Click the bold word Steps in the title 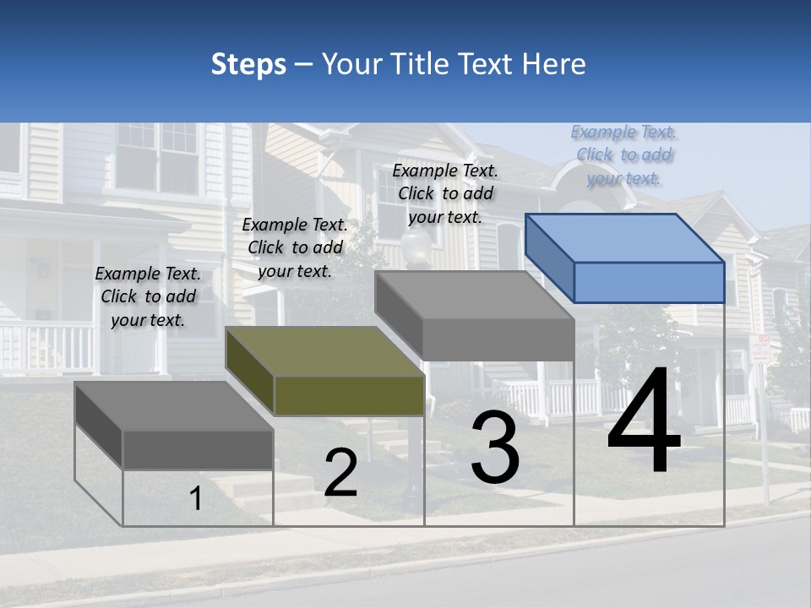click(x=248, y=64)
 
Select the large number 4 click(x=644, y=422)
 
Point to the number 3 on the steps click(x=495, y=448)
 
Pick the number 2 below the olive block click(x=340, y=473)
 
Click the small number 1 click(x=195, y=498)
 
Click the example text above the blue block click(x=624, y=155)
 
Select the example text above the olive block click(x=295, y=247)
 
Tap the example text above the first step click(x=148, y=296)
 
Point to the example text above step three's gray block click(x=445, y=193)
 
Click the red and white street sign click(x=760, y=349)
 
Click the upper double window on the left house click(x=157, y=156)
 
